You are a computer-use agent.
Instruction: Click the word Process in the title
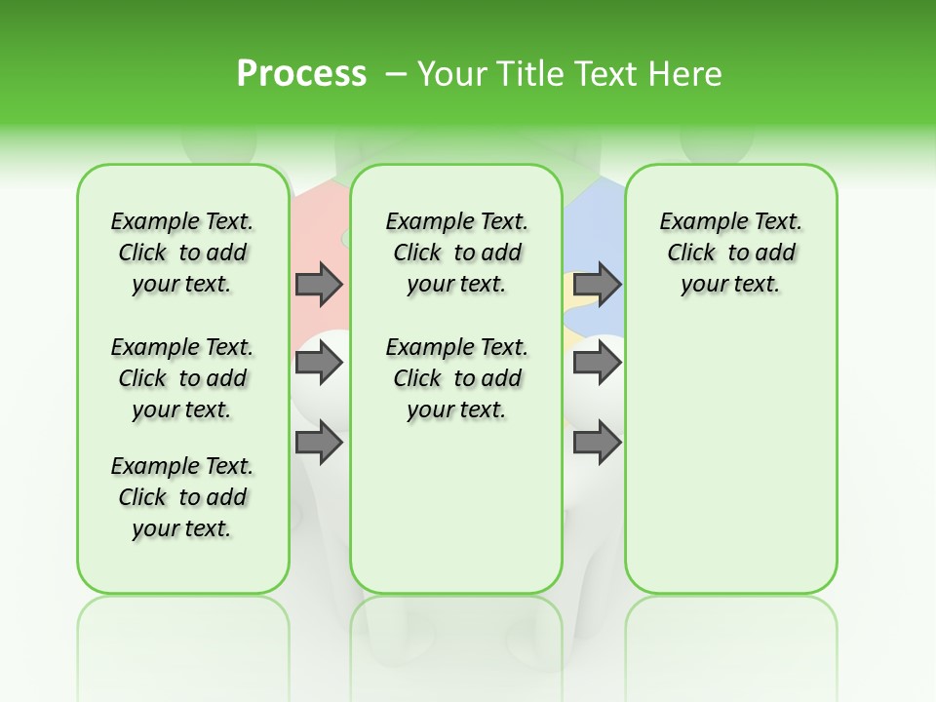coord(301,73)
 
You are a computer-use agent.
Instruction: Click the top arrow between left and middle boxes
coord(319,284)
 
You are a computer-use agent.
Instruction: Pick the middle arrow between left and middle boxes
coord(319,363)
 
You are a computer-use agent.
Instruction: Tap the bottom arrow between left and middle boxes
coord(319,443)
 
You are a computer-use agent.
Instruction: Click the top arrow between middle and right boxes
coord(597,284)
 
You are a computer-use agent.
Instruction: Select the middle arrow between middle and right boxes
coord(597,363)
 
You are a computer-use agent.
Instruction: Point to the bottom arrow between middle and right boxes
coord(597,443)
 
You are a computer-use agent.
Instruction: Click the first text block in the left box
coord(182,253)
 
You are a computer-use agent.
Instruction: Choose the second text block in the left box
coord(182,378)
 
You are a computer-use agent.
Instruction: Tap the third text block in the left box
coord(182,497)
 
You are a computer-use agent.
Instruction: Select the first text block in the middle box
coord(456,253)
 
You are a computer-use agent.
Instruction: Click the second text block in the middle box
coord(456,378)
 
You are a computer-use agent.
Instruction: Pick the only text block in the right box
coord(730,253)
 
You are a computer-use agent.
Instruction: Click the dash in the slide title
coord(396,74)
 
